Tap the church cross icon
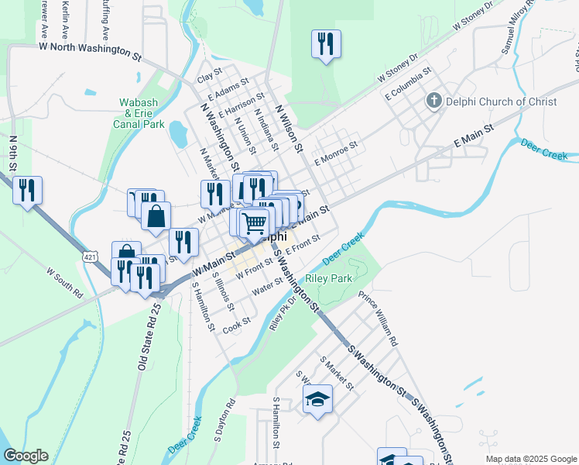[x=434, y=101]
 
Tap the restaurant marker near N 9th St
[x=28, y=190]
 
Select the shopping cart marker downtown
[x=254, y=223]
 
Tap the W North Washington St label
[x=91, y=48]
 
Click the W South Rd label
[x=64, y=284]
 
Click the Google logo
[x=26, y=456]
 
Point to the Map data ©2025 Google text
[x=531, y=459]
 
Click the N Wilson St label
[x=287, y=128]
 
